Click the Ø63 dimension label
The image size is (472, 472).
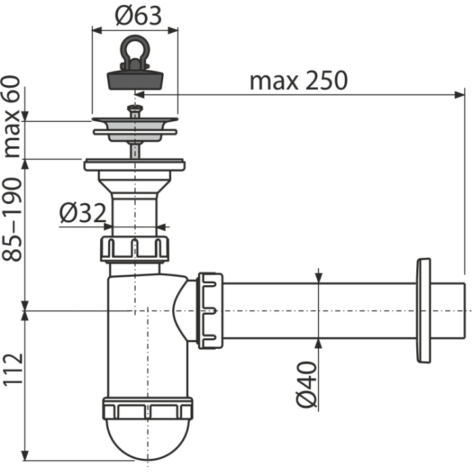(138, 16)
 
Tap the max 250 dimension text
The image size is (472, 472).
(299, 81)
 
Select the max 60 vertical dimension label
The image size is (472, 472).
(12, 117)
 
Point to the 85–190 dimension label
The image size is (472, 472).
(12, 219)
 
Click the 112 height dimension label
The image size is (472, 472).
(12, 369)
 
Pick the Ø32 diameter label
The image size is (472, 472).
(83, 213)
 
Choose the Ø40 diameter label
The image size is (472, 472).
(306, 385)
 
